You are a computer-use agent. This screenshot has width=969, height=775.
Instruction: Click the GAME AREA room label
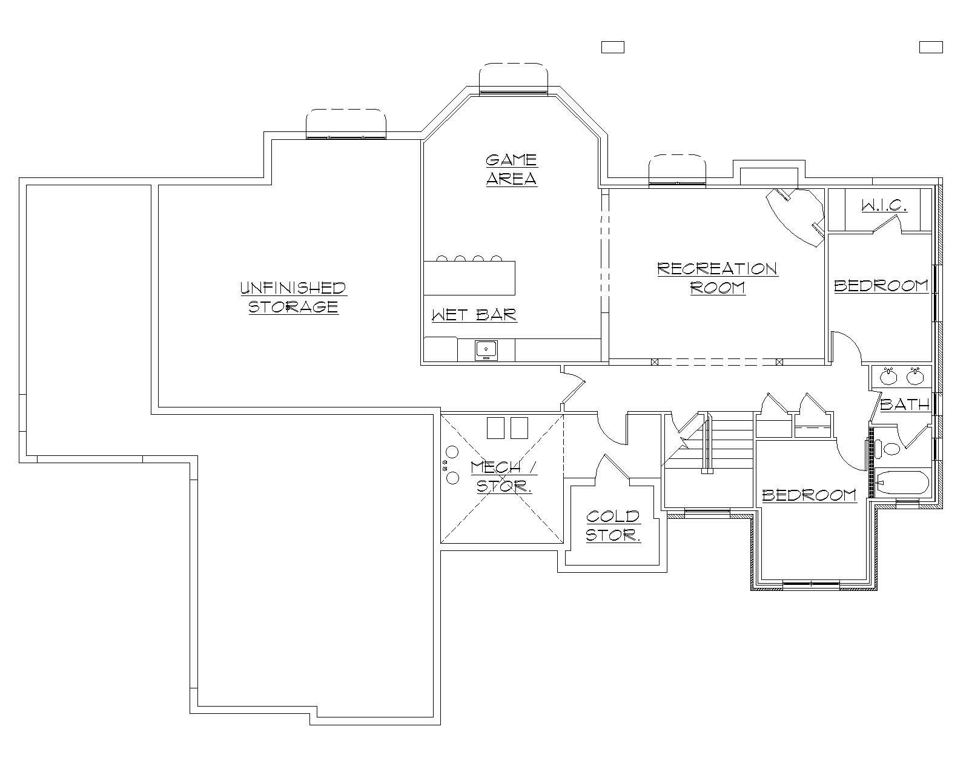512,170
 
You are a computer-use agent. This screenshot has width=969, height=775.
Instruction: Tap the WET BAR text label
474,315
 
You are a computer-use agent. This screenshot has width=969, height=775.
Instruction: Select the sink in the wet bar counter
486,349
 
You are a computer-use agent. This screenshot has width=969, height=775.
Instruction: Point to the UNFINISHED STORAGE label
293,297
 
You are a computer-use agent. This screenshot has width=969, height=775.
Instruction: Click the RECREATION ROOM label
718,277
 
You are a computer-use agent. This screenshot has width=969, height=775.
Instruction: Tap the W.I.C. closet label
884,206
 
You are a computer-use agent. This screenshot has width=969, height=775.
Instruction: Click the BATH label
904,404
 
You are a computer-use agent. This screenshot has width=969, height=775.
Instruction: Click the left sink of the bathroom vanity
888,377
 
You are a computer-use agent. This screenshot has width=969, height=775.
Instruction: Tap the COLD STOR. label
613,525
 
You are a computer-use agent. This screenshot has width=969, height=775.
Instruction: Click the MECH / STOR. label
504,477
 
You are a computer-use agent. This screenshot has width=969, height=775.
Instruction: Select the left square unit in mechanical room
497,427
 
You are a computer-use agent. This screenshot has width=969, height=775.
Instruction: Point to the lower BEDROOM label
809,495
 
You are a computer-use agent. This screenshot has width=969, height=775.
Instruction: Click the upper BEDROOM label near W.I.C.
881,286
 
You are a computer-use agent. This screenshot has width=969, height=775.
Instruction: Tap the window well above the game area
514,79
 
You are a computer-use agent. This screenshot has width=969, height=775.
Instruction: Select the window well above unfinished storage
346,124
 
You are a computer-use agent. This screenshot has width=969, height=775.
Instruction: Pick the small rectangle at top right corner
931,47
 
